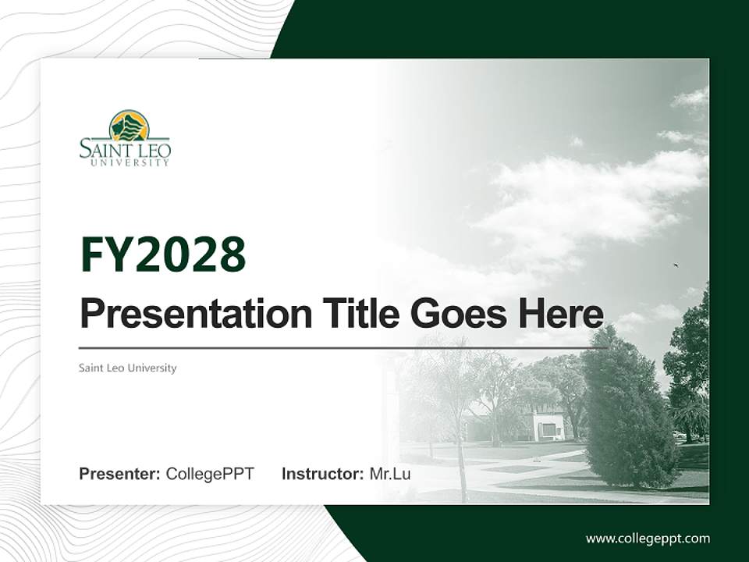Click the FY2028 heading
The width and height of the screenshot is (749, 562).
163,254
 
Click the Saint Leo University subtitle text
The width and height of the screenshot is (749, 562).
128,368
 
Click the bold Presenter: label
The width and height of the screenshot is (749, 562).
120,474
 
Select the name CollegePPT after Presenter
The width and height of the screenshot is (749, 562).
210,474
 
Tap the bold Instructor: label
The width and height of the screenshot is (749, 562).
322,474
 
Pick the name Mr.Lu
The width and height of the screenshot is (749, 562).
390,474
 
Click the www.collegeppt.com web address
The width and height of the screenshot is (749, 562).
648,539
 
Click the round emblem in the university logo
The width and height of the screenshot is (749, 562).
129,126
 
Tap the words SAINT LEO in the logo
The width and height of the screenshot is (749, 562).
125,149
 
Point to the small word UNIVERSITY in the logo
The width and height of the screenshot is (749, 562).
130,163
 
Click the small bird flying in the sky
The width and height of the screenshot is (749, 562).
676,266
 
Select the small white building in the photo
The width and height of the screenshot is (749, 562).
549,426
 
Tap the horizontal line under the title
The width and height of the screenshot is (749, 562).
343,348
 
